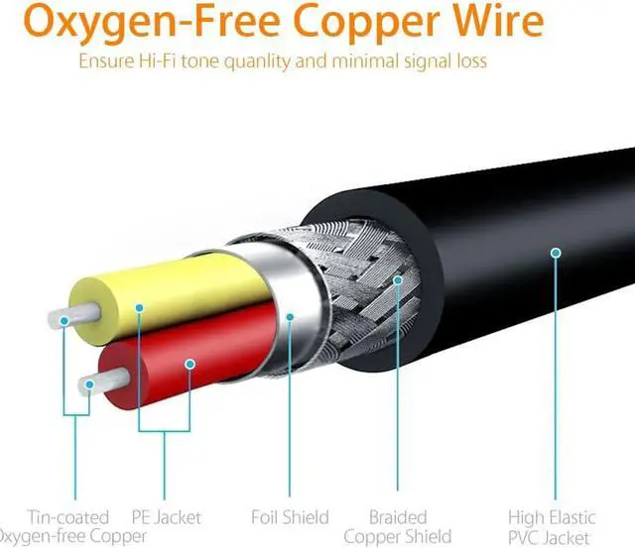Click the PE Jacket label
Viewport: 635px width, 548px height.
coord(166,516)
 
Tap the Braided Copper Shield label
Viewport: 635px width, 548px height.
coord(397,525)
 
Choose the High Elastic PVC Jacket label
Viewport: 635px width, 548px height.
coord(552,525)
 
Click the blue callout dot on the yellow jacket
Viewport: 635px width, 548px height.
coord(140,308)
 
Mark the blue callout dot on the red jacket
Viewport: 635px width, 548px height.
coord(189,364)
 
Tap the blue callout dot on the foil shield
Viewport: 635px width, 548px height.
coord(289,317)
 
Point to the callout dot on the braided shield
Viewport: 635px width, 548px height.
coord(397,280)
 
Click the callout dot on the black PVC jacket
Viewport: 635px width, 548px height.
coord(552,253)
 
